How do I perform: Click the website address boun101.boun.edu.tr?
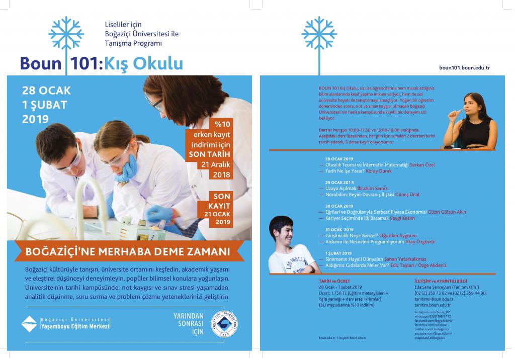click(464, 67)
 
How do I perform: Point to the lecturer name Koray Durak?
click(379, 171)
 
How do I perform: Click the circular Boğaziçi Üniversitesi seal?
click(225, 325)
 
